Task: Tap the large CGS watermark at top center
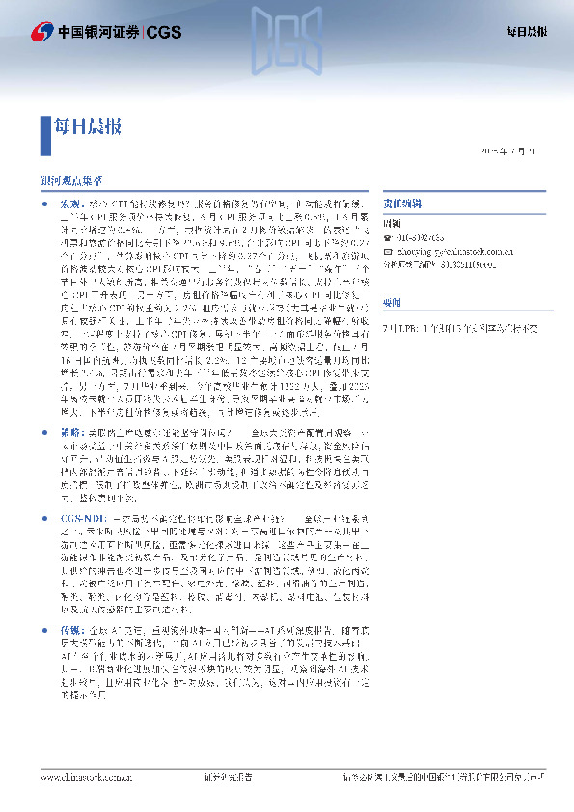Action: pos(287,36)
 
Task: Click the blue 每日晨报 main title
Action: pos(88,125)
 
